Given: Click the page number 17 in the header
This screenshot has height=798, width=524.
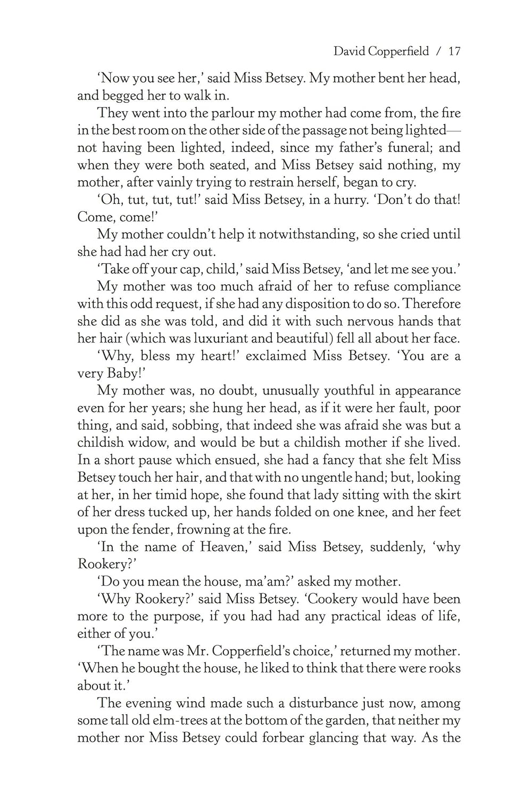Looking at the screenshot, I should pyautogui.click(x=454, y=52).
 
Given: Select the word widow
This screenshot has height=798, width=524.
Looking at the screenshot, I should pyautogui.click(x=139, y=443).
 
